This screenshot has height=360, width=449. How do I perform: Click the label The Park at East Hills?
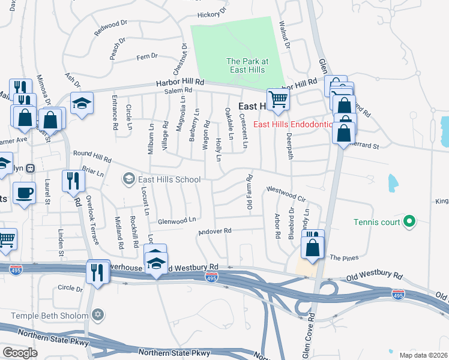[x=247, y=65]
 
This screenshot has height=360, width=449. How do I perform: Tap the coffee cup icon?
[x=24, y=193]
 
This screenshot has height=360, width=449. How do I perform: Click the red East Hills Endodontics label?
[x=293, y=124]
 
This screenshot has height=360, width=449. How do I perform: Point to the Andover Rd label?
[x=215, y=231]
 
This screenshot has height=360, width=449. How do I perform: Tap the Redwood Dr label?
[x=111, y=28]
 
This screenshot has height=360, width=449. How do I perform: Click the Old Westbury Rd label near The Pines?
[x=375, y=275]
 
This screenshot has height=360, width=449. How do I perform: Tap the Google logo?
[x=20, y=352]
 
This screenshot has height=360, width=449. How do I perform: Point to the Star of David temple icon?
[x=100, y=314]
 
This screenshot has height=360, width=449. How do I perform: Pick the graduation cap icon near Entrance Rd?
[x=82, y=101]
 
